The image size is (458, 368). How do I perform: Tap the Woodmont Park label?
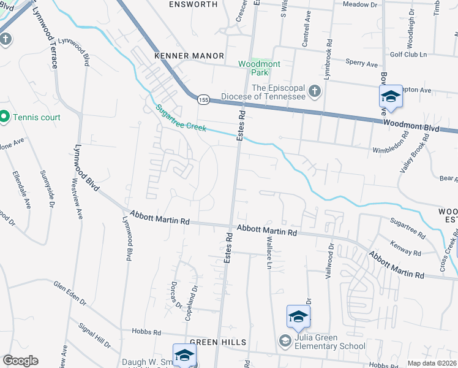tap(253, 67)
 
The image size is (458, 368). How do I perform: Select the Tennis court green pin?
tap(4, 116)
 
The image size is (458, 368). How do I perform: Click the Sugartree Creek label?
tap(180, 118)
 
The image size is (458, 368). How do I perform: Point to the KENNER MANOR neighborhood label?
tap(189, 56)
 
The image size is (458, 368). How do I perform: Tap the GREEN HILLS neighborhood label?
tap(218, 342)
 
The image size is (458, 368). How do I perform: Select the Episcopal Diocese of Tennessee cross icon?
tap(314, 91)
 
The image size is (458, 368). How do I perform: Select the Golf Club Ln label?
tap(408, 55)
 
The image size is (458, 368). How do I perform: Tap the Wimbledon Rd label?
tap(390, 150)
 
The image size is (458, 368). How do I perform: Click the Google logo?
tap(20, 361)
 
